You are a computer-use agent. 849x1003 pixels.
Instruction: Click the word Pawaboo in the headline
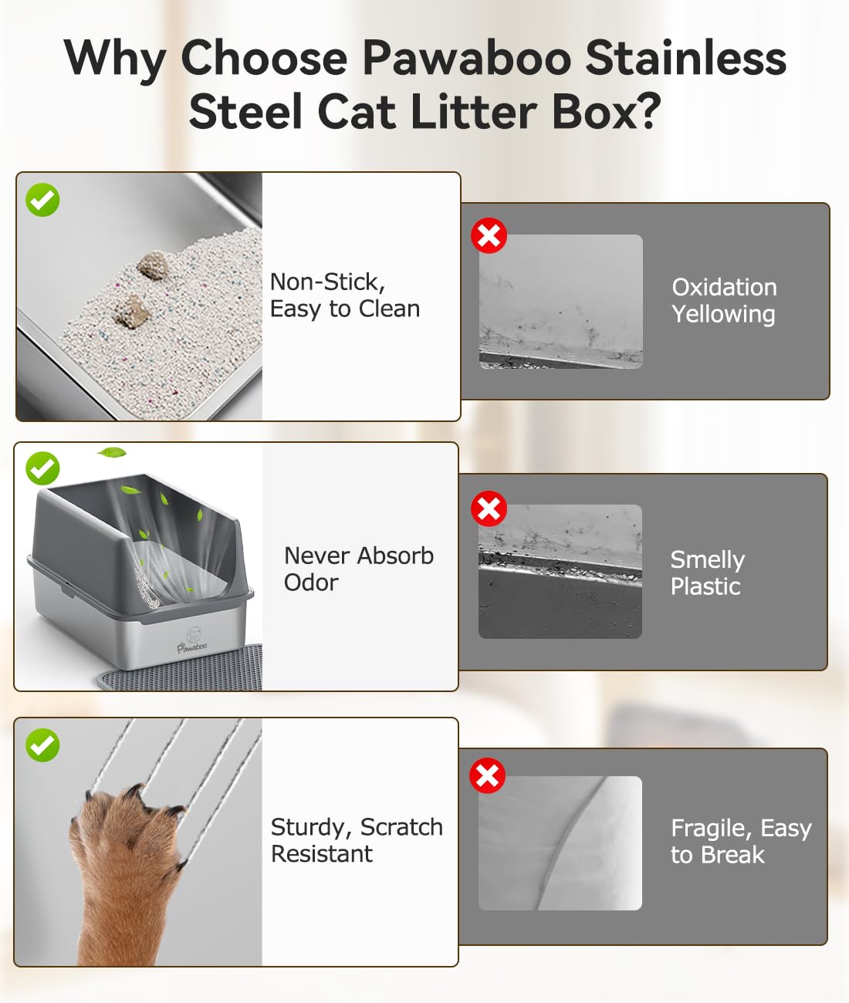tap(467, 58)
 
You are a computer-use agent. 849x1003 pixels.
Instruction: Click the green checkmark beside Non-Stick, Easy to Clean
tap(42, 199)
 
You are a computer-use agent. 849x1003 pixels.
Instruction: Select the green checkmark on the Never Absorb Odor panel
tap(42, 468)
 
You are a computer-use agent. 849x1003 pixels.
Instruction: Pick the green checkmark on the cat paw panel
tap(42, 745)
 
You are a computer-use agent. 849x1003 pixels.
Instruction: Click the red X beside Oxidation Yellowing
tap(489, 236)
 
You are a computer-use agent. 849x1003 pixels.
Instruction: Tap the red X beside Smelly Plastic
tap(489, 508)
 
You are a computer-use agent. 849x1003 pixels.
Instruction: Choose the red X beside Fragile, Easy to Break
tap(487, 775)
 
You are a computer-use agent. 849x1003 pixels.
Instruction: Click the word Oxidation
tap(724, 287)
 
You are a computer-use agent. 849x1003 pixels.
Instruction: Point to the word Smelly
tap(708, 561)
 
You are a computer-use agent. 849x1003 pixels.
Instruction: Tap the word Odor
tap(311, 583)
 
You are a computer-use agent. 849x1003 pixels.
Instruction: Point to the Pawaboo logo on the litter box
tap(192, 642)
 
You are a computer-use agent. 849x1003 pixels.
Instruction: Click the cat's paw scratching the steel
tap(127, 869)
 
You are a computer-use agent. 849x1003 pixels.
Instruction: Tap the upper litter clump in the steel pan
tap(152, 265)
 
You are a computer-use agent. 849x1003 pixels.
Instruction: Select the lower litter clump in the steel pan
tap(131, 310)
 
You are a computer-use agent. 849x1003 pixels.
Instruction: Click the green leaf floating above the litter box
tap(112, 453)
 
